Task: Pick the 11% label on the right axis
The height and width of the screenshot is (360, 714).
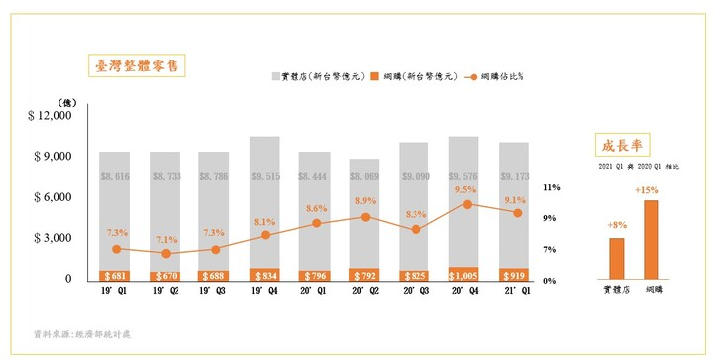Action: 552,187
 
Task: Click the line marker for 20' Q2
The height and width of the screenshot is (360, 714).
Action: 365,217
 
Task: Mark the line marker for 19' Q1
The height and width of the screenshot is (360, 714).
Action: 117,249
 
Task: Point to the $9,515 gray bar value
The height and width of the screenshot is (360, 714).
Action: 265,176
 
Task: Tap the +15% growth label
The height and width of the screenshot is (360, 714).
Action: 651,187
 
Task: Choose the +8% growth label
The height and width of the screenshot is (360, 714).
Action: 616,226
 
